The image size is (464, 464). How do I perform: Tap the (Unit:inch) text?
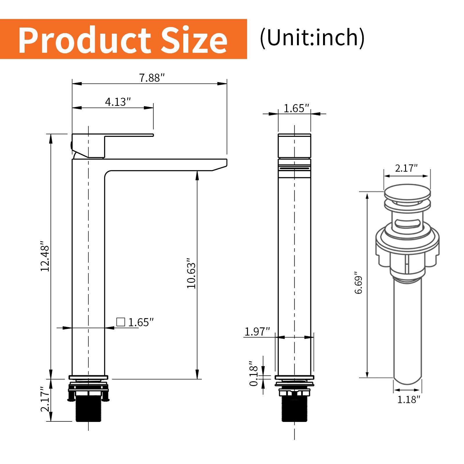(x=312, y=38)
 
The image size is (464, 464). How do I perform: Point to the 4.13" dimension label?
(x=118, y=102)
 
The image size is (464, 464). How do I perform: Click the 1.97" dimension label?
(x=257, y=331)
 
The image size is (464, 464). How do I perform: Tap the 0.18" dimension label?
(x=253, y=374)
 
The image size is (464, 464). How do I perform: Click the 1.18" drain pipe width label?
(x=408, y=400)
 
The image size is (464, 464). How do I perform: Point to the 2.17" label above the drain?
(x=406, y=168)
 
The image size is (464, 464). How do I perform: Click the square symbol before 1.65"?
(x=120, y=322)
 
